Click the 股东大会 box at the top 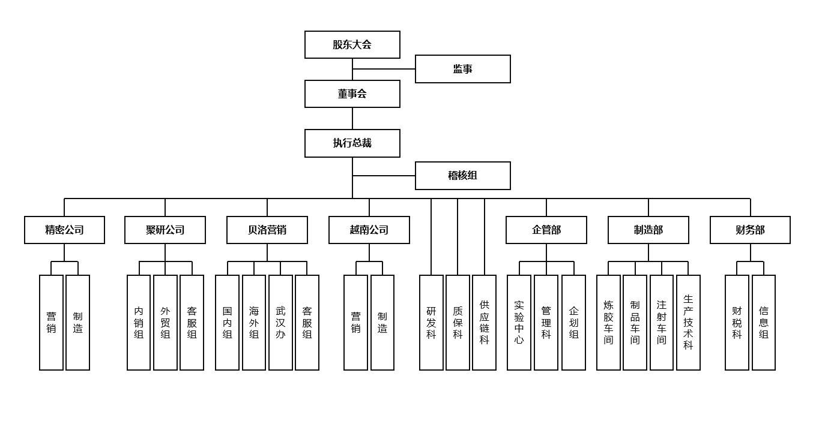(352, 45)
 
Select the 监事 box (462, 69)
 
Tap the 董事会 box (352, 94)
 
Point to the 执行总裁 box (352, 143)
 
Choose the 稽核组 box (462, 176)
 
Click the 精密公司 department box (64, 230)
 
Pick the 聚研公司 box (165, 230)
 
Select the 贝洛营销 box (267, 230)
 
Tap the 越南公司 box (369, 230)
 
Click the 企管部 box (546, 230)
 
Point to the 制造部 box (648, 230)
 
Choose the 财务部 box (750, 230)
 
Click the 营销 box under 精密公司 (51, 323)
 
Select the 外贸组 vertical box (165, 323)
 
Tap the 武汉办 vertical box (280, 323)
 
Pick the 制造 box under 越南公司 (382, 323)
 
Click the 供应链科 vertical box (484, 323)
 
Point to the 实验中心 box (519, 323)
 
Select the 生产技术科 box (688, 323)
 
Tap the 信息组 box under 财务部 (764, 323)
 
